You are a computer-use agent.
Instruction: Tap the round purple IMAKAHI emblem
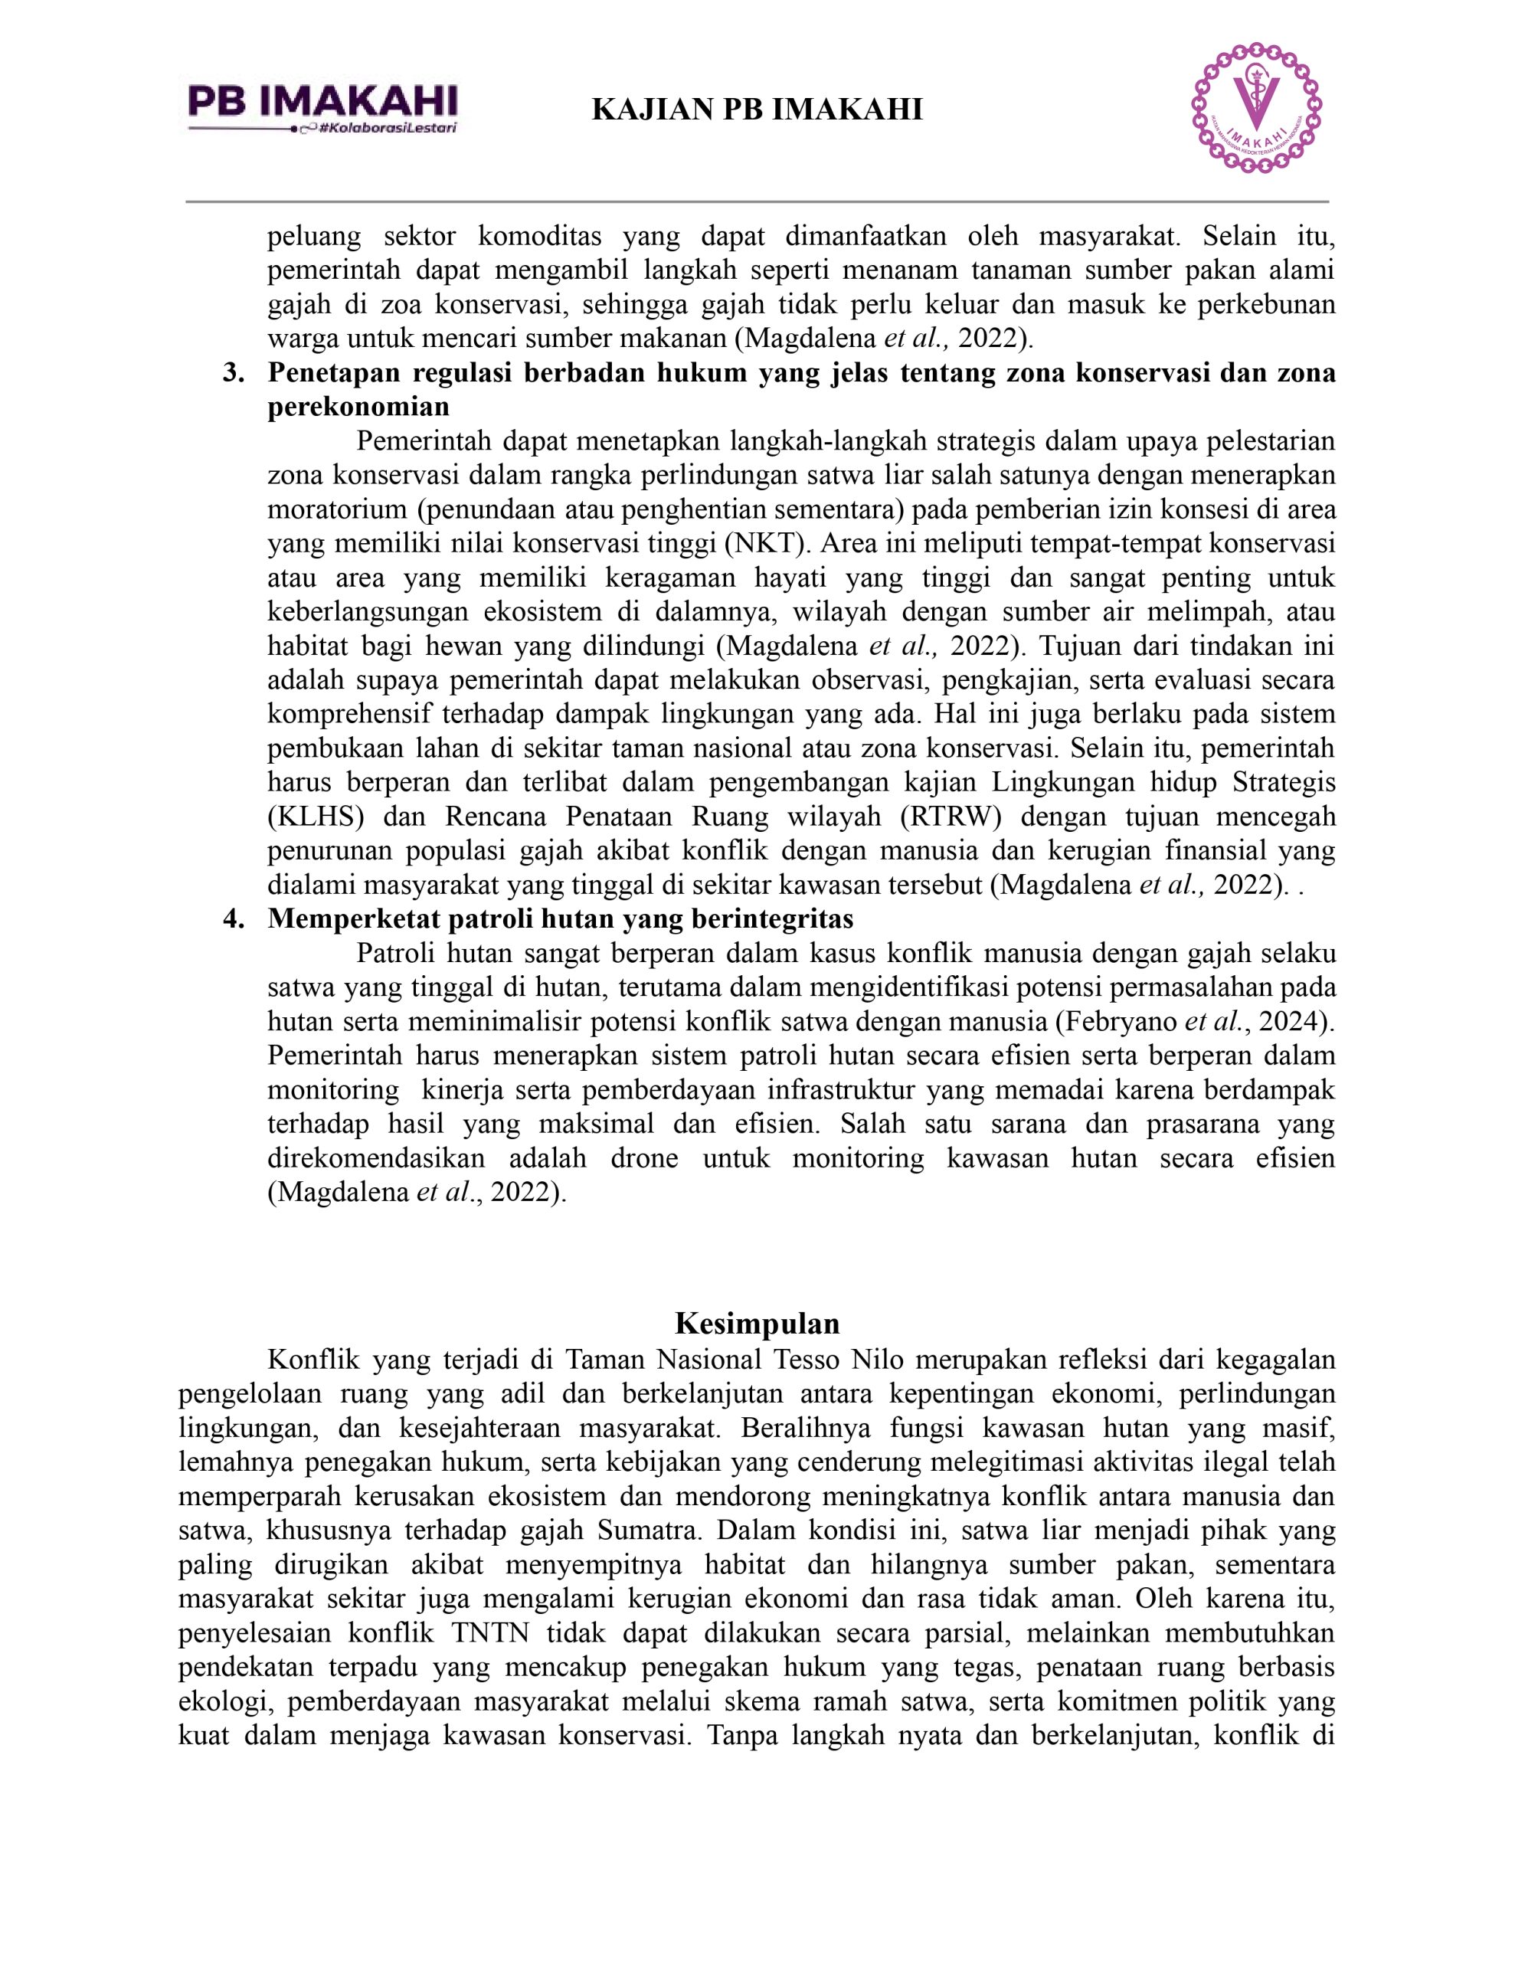[x=1256, y=108]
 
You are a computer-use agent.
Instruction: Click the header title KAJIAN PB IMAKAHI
[x=757, y=110]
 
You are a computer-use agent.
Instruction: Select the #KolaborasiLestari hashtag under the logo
[x=388, y=129]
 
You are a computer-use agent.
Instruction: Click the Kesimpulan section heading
[x=757, y=1323]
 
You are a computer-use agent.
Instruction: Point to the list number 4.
[x=234, y=918]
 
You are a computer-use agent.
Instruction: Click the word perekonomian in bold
[x=358, y=408]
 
